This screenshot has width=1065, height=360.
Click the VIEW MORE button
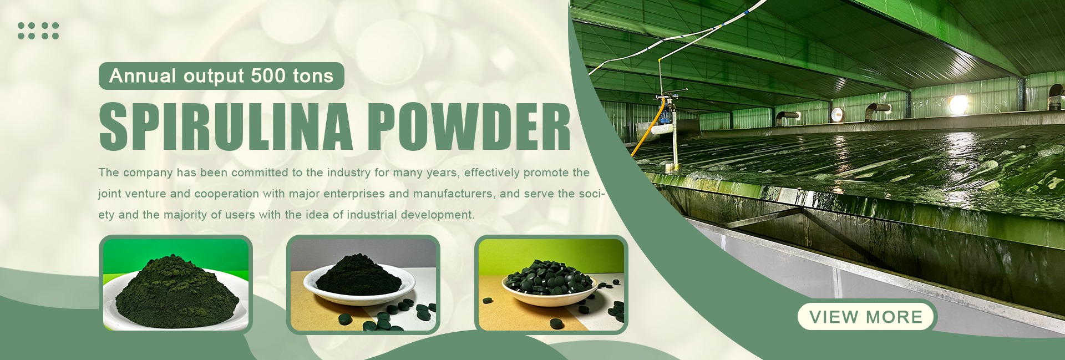866,317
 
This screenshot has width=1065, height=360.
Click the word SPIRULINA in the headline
226,126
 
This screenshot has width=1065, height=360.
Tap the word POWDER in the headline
469,126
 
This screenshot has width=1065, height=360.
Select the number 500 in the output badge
268,75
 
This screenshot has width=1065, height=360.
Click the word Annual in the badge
143,75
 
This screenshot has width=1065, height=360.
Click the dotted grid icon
38,31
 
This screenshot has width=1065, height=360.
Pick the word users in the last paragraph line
240,215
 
